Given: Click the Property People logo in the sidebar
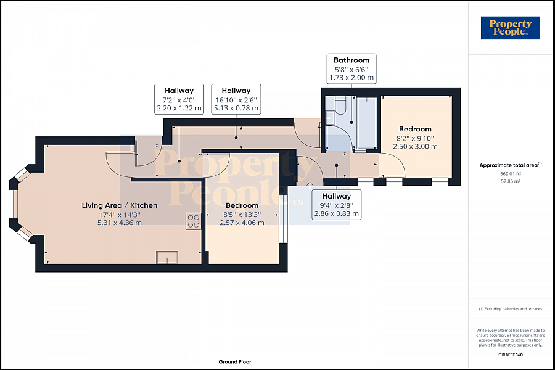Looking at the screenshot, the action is point(511,28).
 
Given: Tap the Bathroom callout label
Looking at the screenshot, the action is point(351,68).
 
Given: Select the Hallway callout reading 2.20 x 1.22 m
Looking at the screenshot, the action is point(179,99).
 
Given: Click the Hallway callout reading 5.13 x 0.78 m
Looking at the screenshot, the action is point(236,99).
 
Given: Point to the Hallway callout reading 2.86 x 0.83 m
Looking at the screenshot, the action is point(336,205).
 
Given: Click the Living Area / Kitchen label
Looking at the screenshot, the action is point(120,205).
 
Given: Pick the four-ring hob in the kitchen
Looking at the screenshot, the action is point(194,221).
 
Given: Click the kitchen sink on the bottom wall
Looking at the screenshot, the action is point(167,257).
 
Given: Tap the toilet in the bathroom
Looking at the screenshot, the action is point(340,105).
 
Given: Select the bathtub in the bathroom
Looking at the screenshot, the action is point(366,122).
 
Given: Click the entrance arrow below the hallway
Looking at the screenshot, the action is point(310,184).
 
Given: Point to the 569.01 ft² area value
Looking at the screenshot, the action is point(511,174).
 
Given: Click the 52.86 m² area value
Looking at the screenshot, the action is point(511,181).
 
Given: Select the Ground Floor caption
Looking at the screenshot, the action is point(235,362).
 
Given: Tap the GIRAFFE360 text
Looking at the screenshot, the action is point(511,355).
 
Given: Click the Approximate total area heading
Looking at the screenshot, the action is point(511,165).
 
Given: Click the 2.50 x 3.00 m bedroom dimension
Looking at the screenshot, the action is point(415,146).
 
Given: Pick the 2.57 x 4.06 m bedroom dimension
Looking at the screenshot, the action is point(242,223).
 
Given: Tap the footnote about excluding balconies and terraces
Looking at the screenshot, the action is point(511,309).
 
